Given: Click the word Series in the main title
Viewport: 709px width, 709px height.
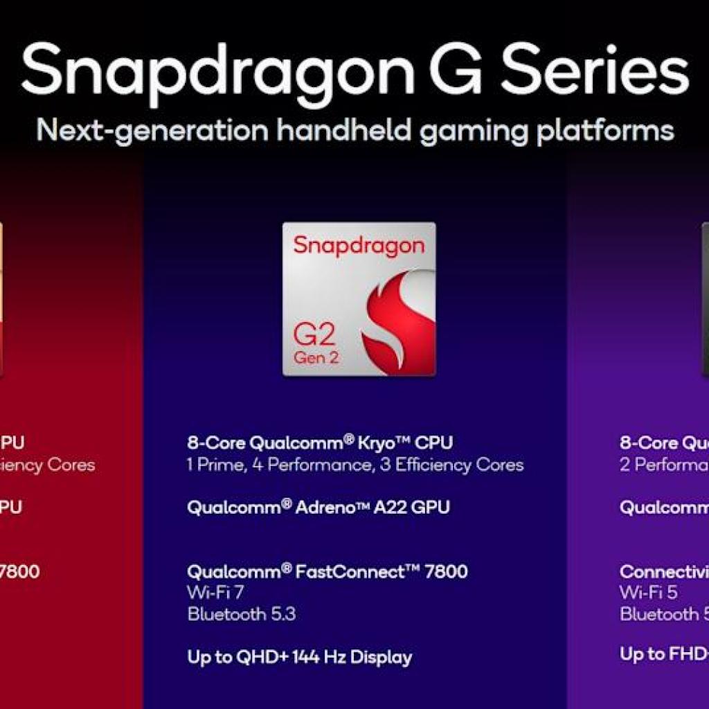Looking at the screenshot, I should pos(595,69).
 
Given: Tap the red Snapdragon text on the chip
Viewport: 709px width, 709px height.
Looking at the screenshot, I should pos(358,246).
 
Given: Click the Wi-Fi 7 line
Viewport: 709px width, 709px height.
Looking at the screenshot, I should pos(215,592).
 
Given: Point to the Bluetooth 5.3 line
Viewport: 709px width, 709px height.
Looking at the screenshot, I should pos(241,613).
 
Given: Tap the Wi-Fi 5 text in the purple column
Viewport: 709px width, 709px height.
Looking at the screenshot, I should pos(649,592).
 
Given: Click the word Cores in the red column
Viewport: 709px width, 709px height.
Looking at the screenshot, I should pos(71,465).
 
